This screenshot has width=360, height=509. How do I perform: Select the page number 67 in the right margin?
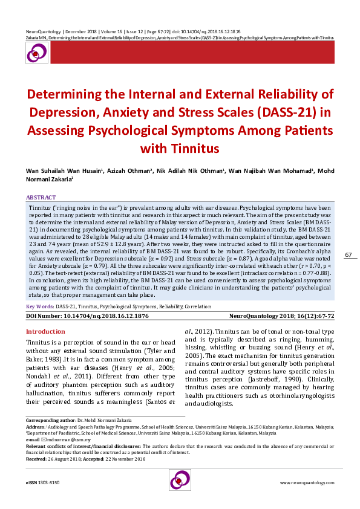click(348, 255)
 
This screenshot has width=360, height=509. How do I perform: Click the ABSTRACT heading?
click(41, 198)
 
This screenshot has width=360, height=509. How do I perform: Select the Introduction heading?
click(45, 331)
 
